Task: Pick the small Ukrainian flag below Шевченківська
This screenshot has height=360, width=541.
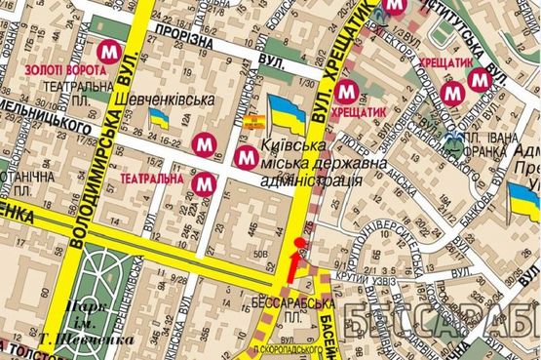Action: pos(158,118)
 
